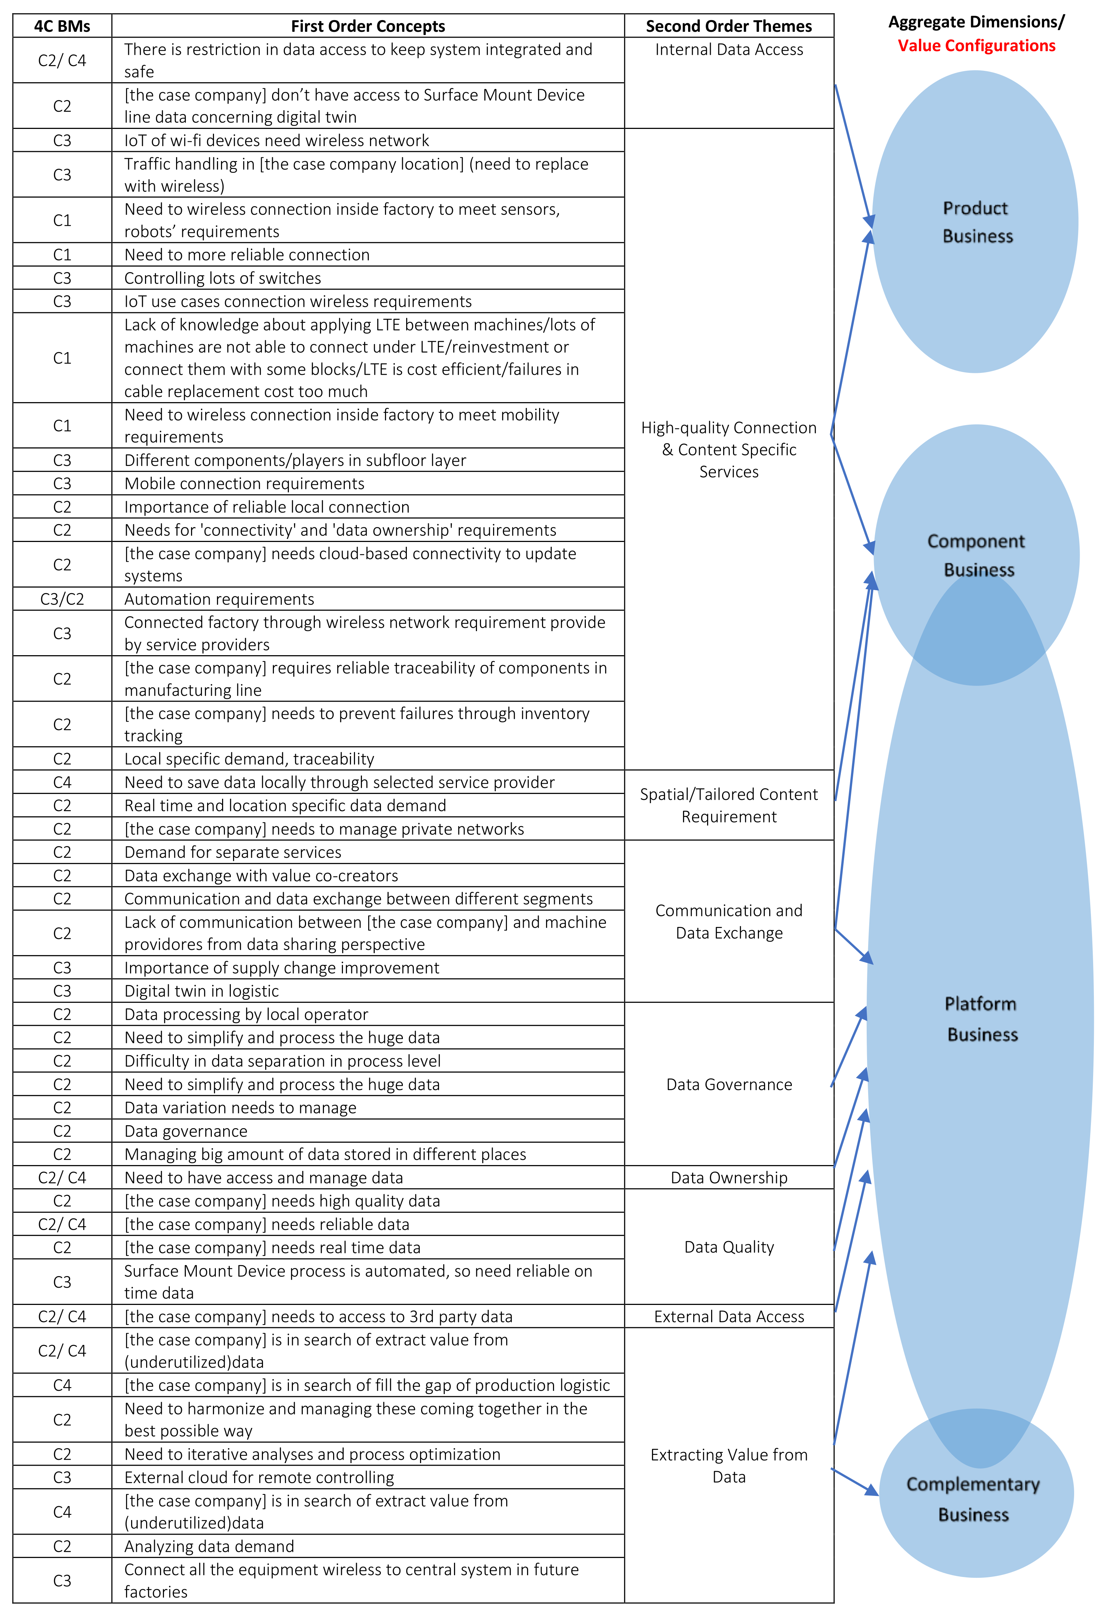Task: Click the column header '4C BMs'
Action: pyautogui.click(x=62, y=26)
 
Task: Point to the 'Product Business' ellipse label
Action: pyautogui.click(x=977, y=222)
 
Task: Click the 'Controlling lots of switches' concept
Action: pyautogui.click(x=222, y=278)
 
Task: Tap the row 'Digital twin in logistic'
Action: pyautogui.click(x=201, y=990)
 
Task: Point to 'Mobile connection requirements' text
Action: pyautogui.click(x=244, y=484)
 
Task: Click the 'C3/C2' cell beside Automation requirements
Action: pyautogui.click(x=62, y=599)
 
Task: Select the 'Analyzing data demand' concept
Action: pyautogui.click(x=209, y=1546)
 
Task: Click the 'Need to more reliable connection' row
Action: pyautogui.click(x=247, y=255)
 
